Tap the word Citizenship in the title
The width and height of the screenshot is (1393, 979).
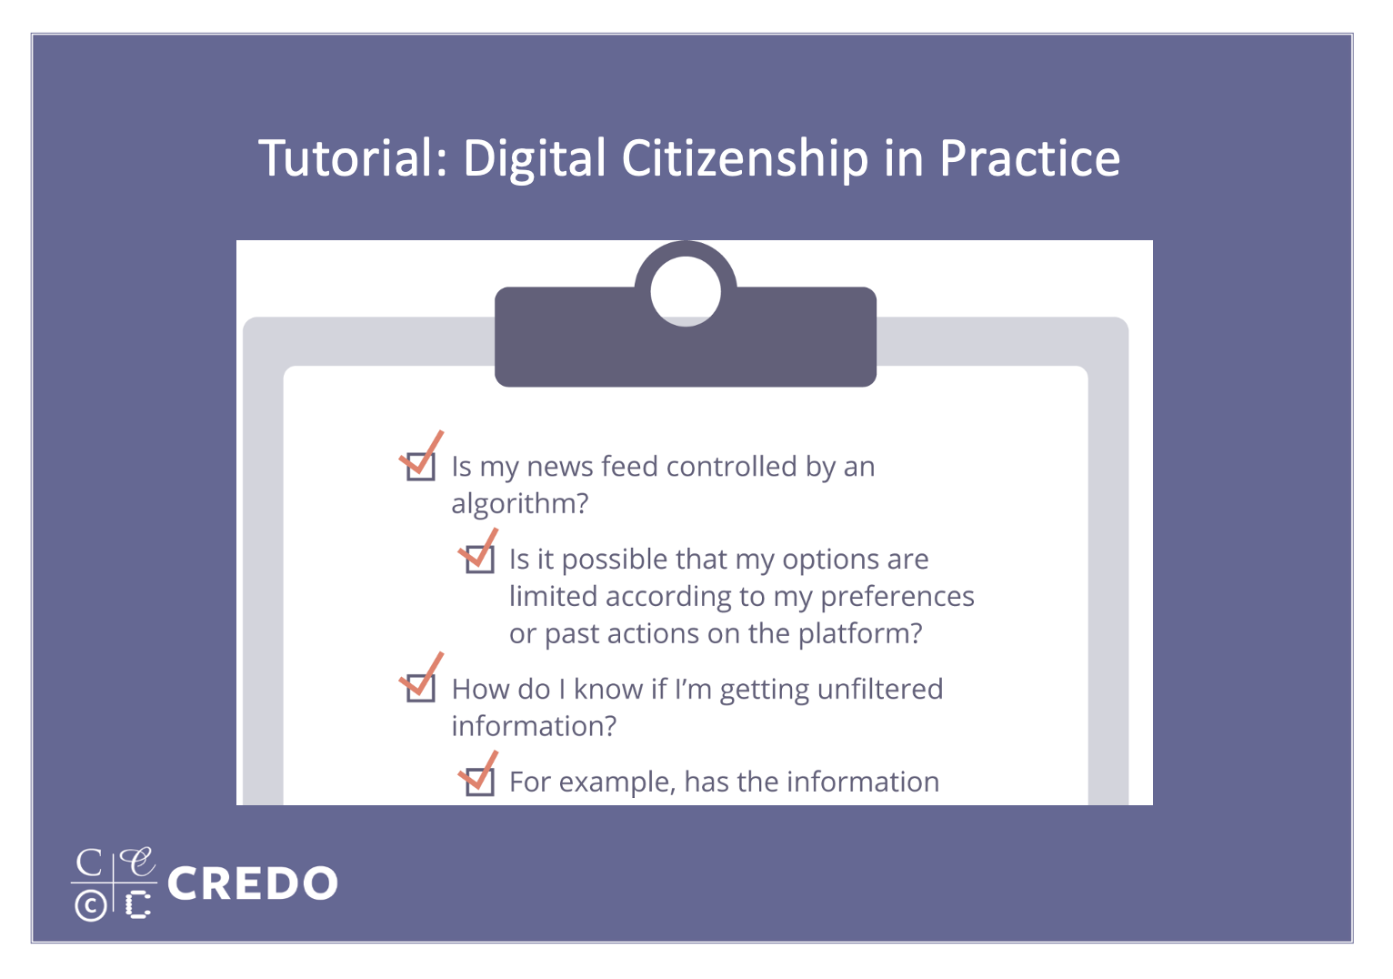[745, 159]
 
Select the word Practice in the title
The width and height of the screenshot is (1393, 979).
[1029, 158]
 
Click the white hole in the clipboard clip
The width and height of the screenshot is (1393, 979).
[686, 291]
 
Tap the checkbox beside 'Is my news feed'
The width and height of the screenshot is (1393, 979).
[420, 467]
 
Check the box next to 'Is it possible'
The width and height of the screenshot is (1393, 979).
[480, 559]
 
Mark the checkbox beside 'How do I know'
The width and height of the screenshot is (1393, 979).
[420, 689]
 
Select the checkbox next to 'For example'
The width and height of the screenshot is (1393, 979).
[480, 782]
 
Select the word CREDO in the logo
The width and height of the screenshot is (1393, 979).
[253, 883]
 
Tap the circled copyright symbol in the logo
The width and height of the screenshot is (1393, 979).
[91, 905]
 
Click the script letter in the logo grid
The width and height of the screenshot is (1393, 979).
[136, 862]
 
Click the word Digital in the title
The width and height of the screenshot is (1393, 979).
[534, 159]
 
